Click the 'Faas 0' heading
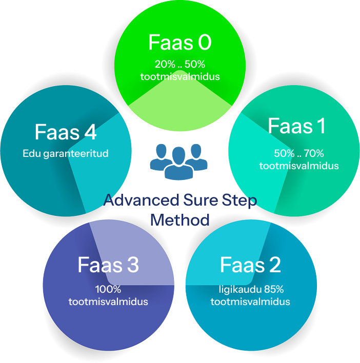point(180,42)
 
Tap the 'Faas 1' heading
point(297,126)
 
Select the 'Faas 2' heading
point(250,265)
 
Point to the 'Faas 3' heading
point(108,265)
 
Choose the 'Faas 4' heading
point(66,132)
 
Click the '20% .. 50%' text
point(180,64)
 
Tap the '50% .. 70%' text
point(299,153)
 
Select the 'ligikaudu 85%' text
point(251,289)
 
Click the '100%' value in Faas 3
point(108,289)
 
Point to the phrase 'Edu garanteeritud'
point(66,153)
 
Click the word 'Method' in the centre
point(180,219)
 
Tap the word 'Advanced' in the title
point(141,200)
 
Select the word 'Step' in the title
point(239,200)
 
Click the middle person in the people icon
point(179,163)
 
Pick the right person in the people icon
point(197,157)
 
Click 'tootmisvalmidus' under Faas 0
point(180,76)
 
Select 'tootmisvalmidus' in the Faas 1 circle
point(299,166)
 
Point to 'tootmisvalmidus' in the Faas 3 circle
point(108,301)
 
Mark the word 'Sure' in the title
point(201,200)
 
